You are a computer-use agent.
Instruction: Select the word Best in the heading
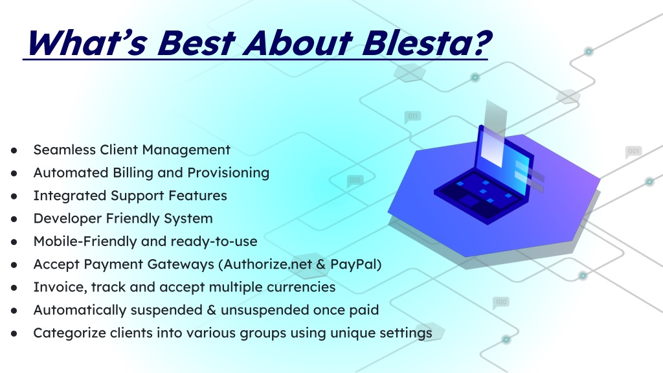196,43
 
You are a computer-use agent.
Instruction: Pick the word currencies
301,287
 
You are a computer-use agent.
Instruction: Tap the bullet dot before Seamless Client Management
14,150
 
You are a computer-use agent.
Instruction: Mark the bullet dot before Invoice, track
14,288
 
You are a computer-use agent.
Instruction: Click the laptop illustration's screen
504,163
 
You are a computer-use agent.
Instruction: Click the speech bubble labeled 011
412,117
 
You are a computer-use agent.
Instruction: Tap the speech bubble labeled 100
500,302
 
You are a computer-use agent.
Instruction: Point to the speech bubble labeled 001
633,152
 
